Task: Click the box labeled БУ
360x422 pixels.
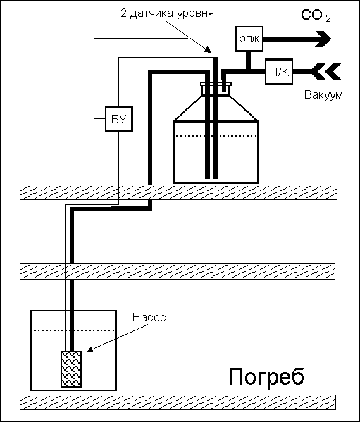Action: click(x=118, y=118)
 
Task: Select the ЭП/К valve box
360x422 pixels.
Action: click(x=249, y=39)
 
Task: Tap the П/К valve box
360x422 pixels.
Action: click(x=279, y=72)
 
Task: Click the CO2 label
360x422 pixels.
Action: click(x=316, y=15)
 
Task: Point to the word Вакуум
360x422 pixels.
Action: click(x=323, y=95)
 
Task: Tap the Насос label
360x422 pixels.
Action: click(x=149, y=317)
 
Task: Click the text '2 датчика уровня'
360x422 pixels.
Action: click(x=167, y=13)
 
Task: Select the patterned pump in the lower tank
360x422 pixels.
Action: click(x=71, y=369)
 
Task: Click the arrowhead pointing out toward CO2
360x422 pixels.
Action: click(x=323, y=39)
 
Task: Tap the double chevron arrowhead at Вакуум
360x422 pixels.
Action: click(x=326, y=72)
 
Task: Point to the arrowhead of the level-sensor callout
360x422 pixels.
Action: click(x=209, y=50)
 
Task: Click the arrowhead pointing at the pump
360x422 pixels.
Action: click(x=91, y=349)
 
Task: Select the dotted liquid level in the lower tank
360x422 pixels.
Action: click(x=75, y=330)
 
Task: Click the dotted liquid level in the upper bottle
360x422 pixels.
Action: click(x=216, y=137)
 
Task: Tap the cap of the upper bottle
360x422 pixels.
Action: click(x=216, y=84)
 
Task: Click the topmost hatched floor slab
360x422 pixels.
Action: click(x=179, y=192)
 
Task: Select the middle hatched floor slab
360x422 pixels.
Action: click(x=178, y=271)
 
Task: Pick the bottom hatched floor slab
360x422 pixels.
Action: click(x=178, y=402)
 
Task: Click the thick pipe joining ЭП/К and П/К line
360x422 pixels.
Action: click(x=248, y=61)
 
